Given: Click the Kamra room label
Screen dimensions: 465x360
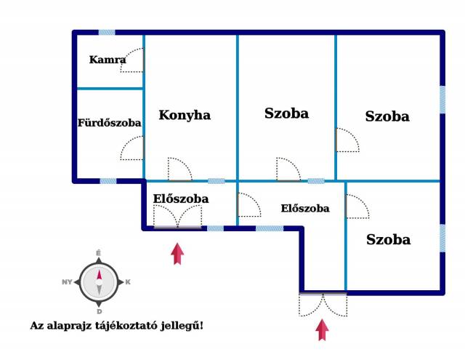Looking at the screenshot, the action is click(x=108, y=60).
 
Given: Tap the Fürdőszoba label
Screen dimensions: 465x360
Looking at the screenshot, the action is click(x=110, y=123).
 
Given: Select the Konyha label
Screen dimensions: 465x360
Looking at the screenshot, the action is click(x=185, y=115).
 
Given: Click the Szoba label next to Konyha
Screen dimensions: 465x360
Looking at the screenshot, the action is click(x=286, y=113).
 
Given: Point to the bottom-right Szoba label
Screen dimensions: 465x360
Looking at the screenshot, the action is click(x=388, y=239).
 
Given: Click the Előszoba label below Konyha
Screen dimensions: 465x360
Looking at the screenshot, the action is click(x=181, y=199).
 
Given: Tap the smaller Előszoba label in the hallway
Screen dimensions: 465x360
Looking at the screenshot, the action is click(x=305, y=208).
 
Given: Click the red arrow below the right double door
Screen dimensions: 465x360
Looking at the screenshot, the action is click(x=322, y=329).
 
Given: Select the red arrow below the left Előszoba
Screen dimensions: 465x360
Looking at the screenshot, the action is click(x=177, y=253).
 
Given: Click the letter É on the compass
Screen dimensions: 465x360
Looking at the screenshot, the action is click(x=99, y=253).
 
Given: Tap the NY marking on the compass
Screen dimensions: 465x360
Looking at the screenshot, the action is click(x=67, y=282).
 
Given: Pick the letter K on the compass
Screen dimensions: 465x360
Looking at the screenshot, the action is click(x=128, y=282).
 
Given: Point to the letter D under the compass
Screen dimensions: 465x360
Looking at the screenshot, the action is click(x=100, y=311).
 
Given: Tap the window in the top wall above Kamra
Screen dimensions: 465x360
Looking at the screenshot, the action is click(x=107, y=32).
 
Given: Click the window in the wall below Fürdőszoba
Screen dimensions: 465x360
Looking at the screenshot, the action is click(x=108, y=181).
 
